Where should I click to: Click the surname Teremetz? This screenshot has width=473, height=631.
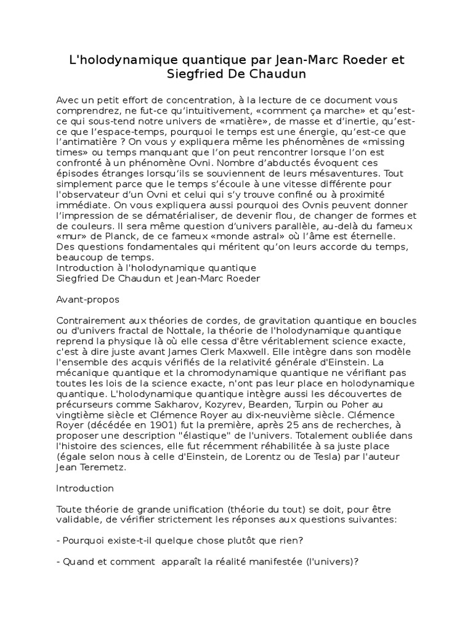[101, 467]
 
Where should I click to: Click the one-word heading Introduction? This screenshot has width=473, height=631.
[84, 488]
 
